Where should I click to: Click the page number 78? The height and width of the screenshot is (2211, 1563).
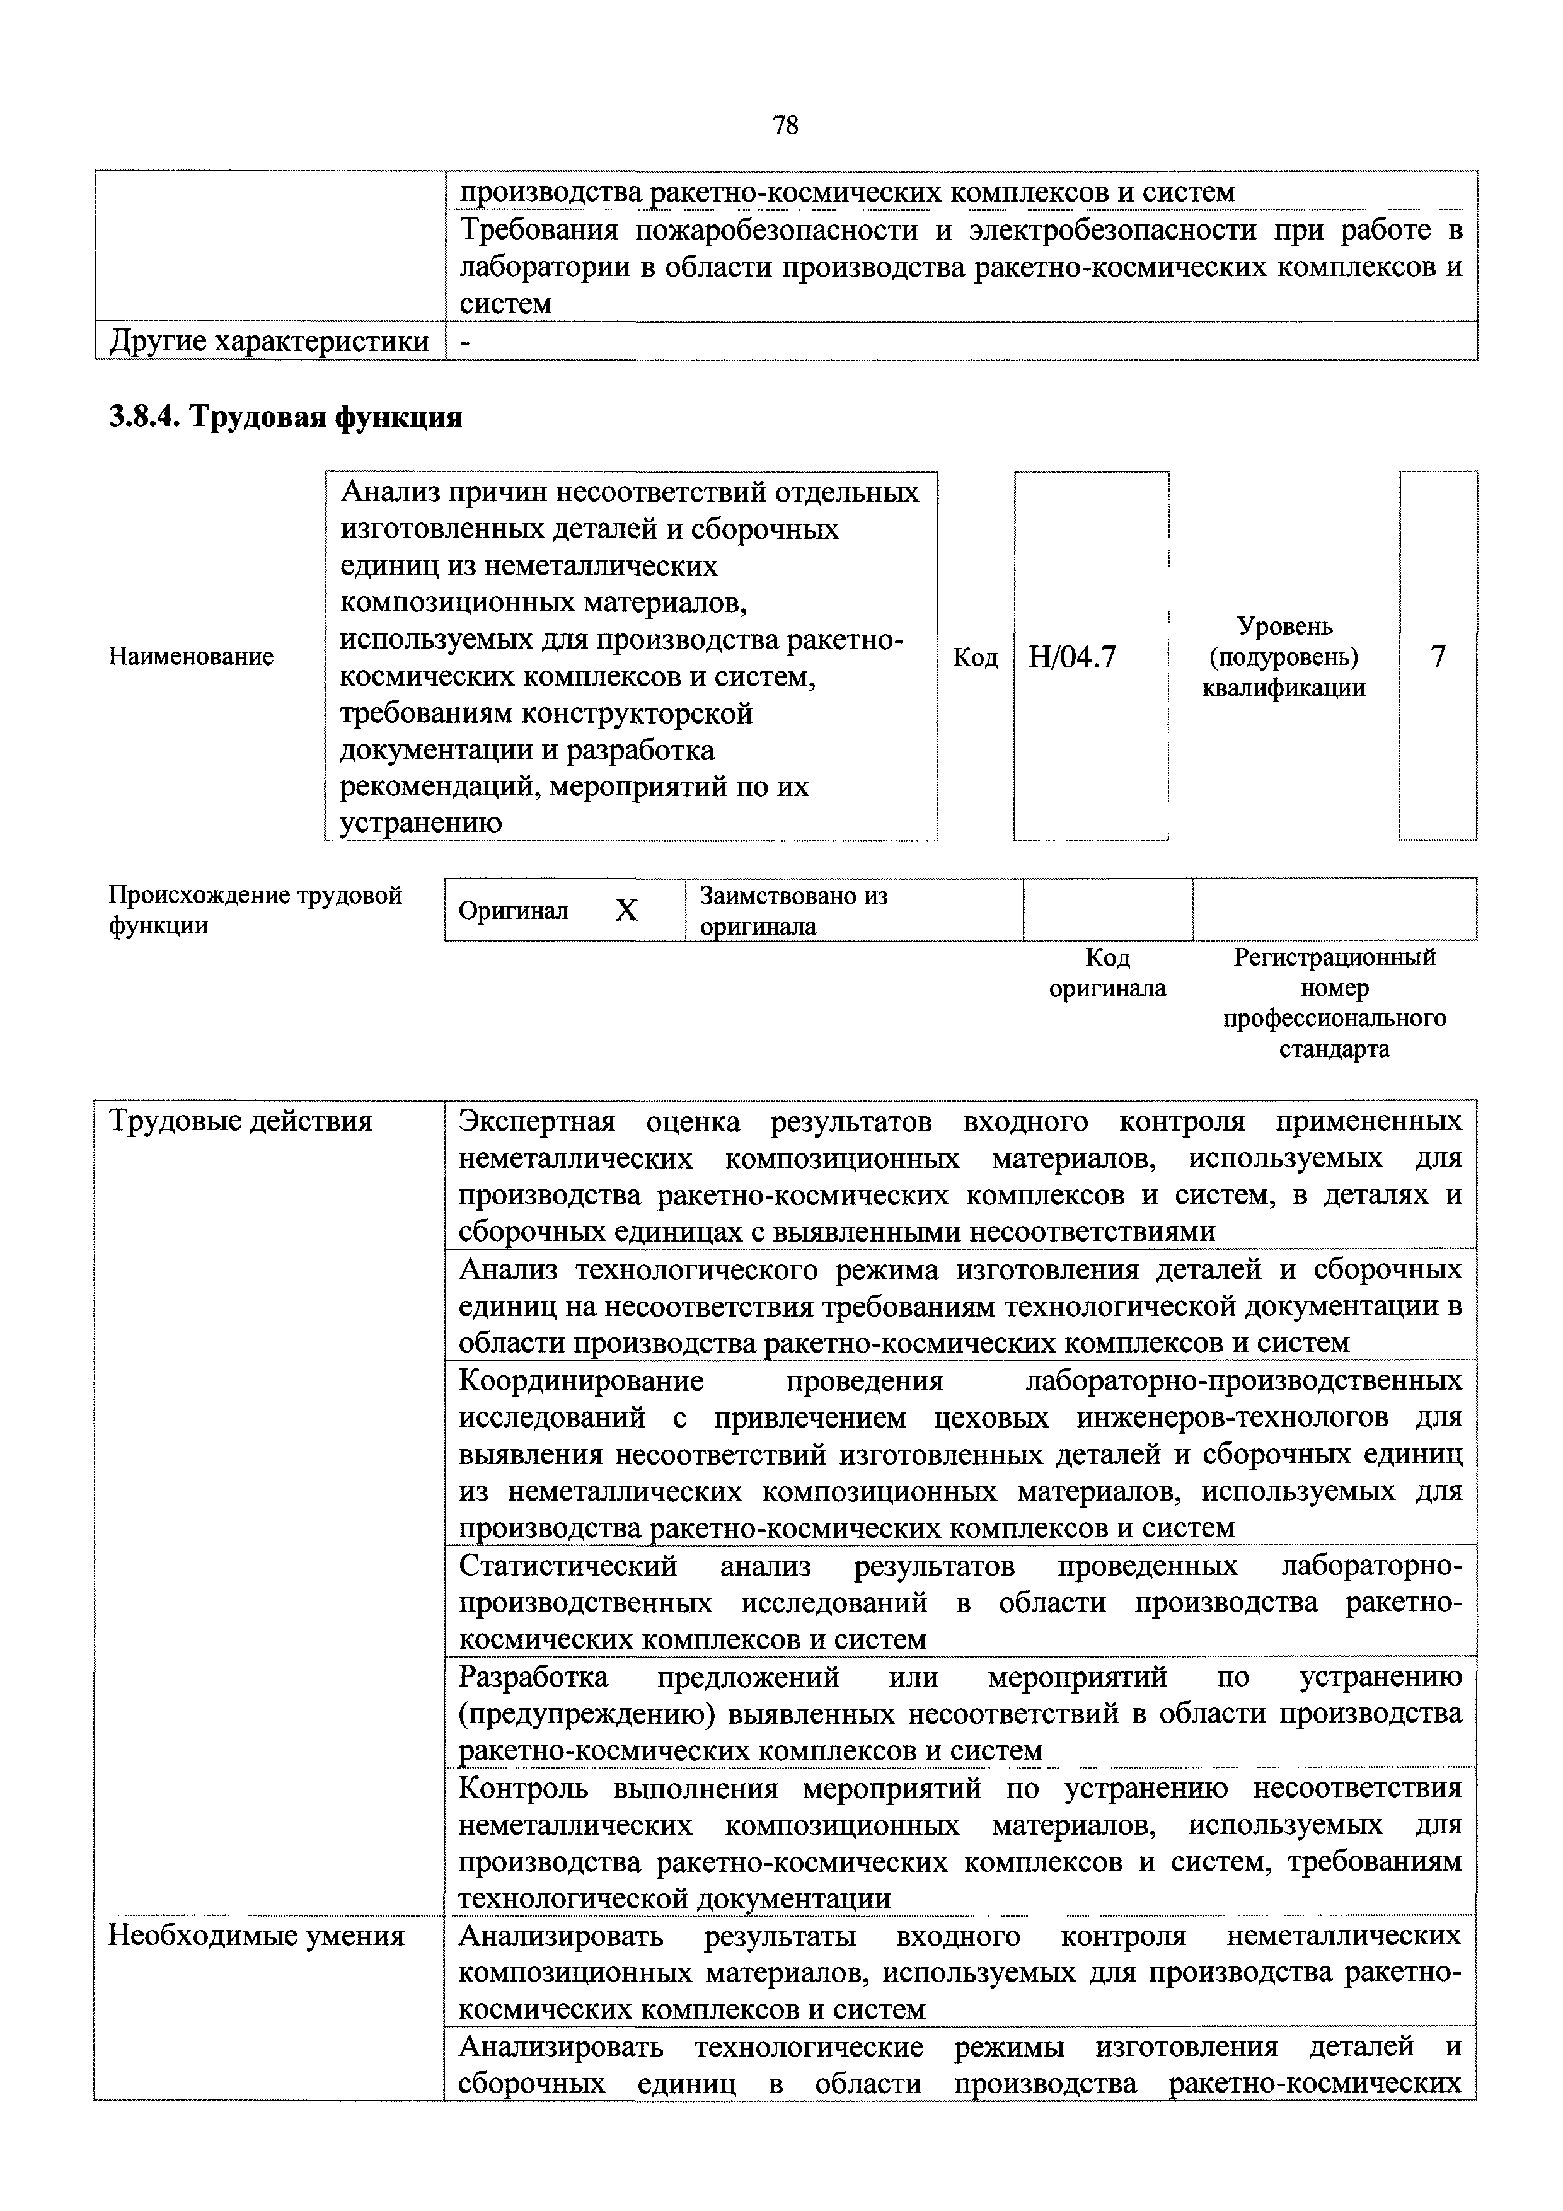(785, 125)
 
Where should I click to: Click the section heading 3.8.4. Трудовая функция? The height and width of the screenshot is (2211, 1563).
(285, 417)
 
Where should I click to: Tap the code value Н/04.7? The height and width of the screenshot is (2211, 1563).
(1072, 657)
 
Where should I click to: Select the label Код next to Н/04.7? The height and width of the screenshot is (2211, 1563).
(974, 657)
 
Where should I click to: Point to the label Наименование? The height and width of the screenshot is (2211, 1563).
(191, 657)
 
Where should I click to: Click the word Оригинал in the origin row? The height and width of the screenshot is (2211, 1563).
(513, 911)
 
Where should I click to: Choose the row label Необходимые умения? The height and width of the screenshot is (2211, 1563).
(255, 1936)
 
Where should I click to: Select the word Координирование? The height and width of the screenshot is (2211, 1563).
(580, 1381)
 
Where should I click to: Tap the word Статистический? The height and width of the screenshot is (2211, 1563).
(568, 1567)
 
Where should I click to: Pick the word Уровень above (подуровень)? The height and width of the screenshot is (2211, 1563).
(1284, 626)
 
